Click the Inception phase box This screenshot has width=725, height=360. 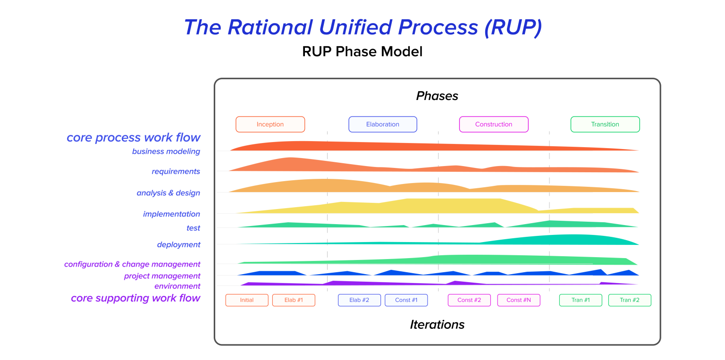(x=270, y=125)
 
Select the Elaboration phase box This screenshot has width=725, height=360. (x=383, y=125)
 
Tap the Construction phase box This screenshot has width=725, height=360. (x=494, y=125)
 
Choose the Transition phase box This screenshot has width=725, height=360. (x=605, y=125)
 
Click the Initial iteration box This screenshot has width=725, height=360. (x=247, y=300)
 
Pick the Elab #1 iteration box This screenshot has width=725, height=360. (x=294, y=300)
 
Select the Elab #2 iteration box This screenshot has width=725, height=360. (x=359, y=300)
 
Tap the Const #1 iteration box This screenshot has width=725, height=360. (x=406, y=300)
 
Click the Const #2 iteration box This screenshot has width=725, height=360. (x=469, y=300)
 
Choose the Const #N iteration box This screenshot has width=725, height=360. (x=519, y=300)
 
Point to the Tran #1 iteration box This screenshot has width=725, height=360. (x=581, y=300)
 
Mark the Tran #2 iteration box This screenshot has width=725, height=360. (x=630, y=300)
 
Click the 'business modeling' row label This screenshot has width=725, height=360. (x=166, y=151)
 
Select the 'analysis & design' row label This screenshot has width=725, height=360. (x=169, y=193)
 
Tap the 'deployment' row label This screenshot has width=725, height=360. (x=178, y=245)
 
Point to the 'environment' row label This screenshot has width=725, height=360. (x=177, y=286)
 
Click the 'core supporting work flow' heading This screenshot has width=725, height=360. (x=135, y=298)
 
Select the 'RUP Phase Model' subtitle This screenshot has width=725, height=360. (x=362, y=51)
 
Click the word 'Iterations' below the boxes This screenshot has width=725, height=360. (x=437, y=325)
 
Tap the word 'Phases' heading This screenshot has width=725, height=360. (x=437, y=96)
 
